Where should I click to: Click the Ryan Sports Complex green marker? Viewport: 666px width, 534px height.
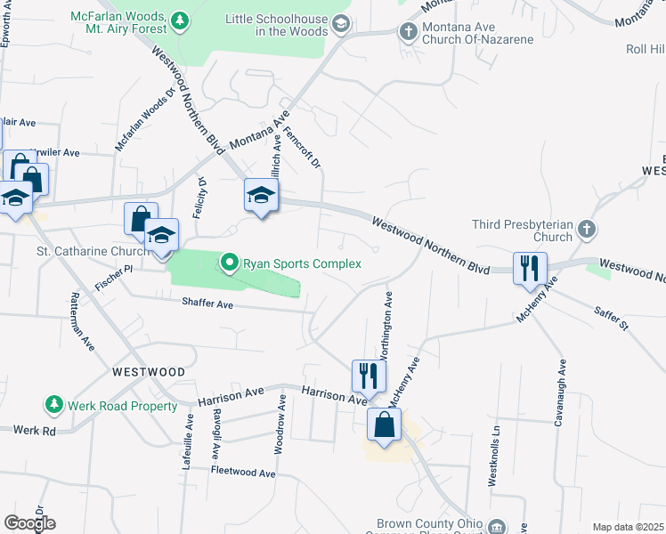coord(229,263)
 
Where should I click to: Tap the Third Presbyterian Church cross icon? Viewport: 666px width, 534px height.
coord(586,231)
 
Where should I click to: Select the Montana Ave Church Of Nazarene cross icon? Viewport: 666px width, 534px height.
coord(409,33)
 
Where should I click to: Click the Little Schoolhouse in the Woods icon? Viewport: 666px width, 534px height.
coord(340,25)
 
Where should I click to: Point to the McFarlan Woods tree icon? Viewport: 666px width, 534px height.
coord(180,19)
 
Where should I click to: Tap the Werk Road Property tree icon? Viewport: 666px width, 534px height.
coord(54,406)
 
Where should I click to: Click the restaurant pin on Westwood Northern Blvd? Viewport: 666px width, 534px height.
coord(530,267)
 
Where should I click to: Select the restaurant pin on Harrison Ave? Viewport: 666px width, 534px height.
coord(368,376)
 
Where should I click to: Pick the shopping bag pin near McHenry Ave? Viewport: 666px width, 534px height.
coord(384,425)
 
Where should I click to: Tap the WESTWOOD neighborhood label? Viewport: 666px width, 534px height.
coord(149,372)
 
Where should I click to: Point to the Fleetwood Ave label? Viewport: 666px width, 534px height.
coord(243,473)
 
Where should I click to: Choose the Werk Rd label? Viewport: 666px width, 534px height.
coord(35,430)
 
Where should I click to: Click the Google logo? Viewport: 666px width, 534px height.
coord(29,523)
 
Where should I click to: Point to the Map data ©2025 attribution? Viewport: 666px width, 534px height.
coord(628,527)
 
